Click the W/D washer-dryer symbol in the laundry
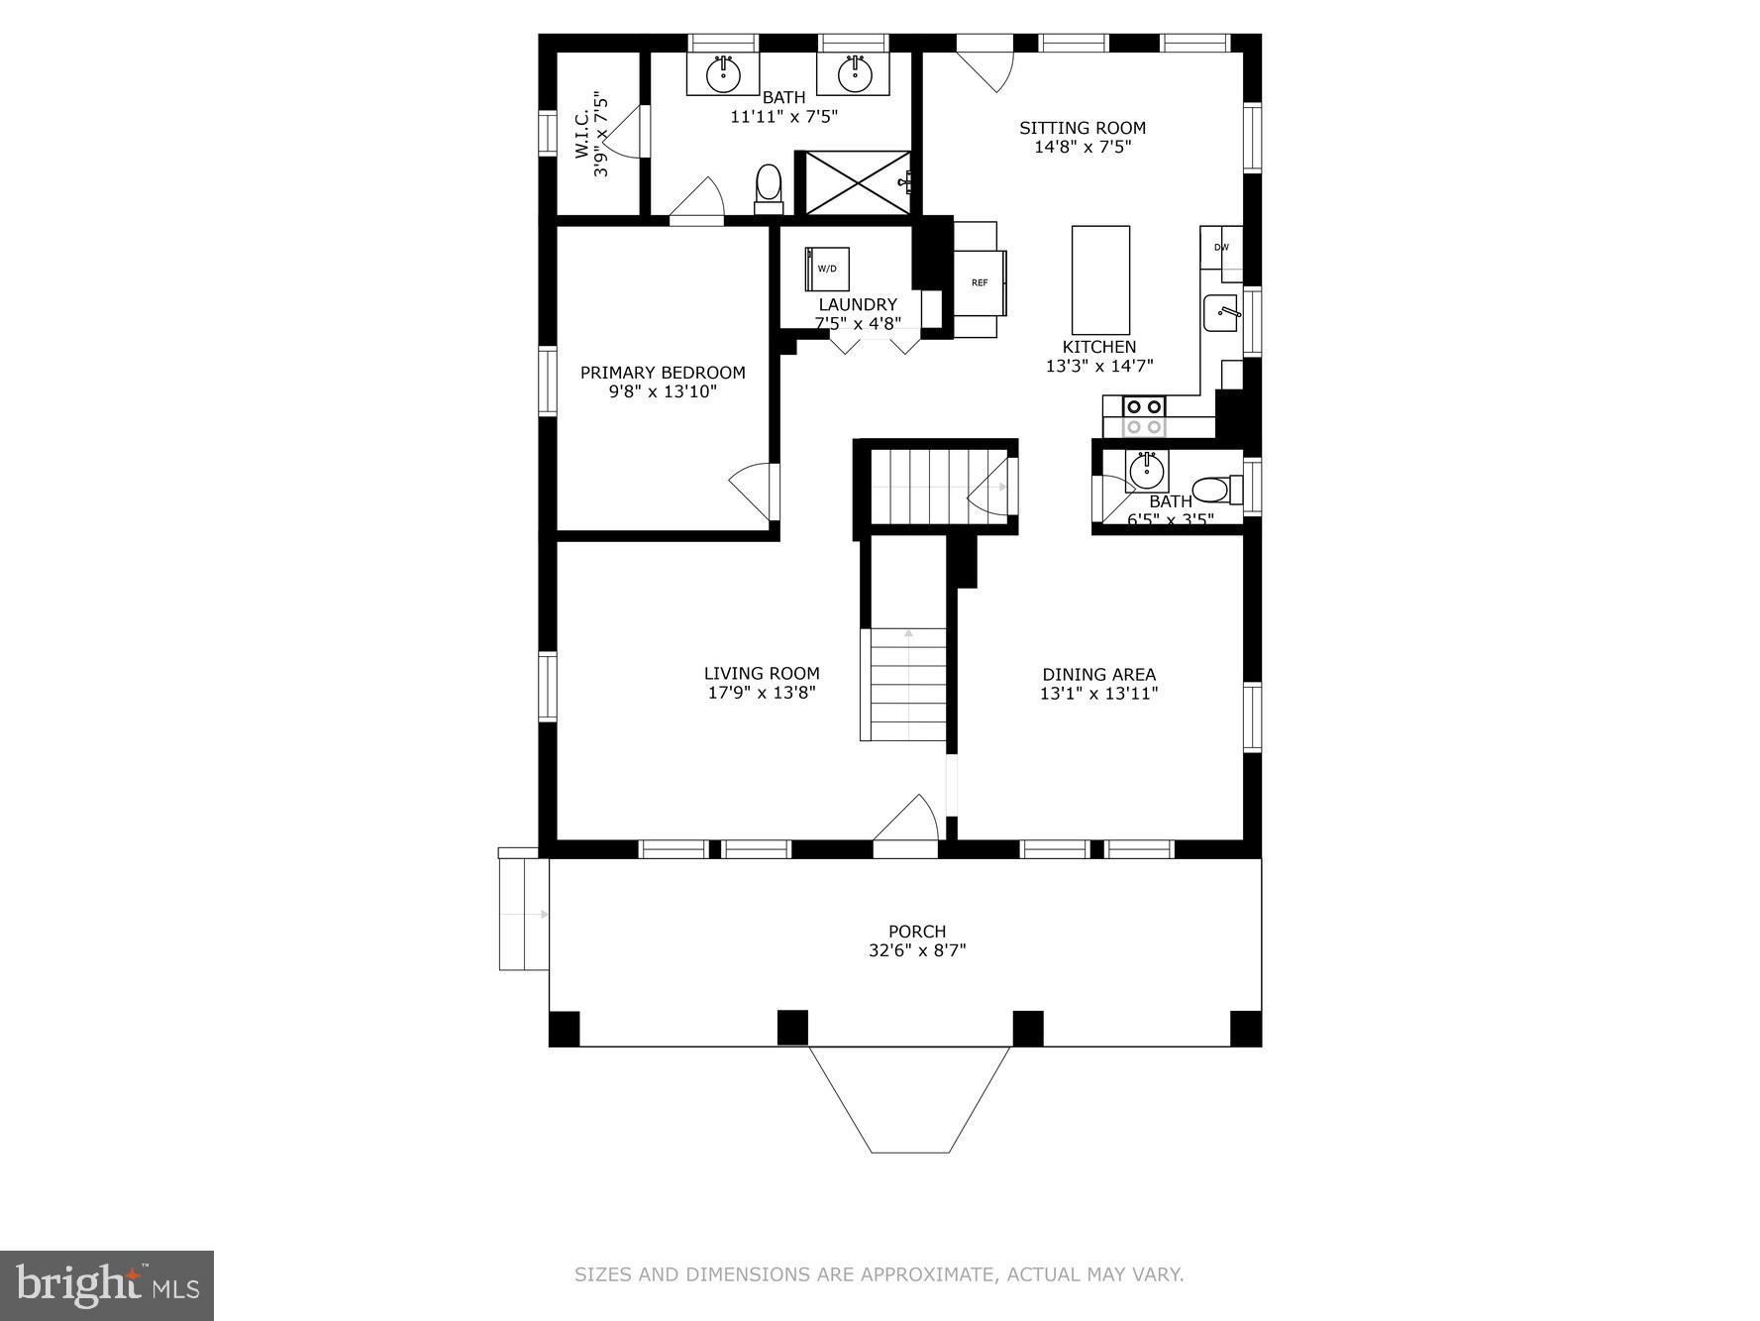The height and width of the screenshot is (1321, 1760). pyautogui.click(x=827, y=269)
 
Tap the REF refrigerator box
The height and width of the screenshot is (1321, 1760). pyautogui.click(x=980, y=282)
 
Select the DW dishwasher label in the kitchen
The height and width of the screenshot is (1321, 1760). pyautogui.click(x=1221, y=248)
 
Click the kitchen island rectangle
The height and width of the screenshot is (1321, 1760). pyautogui.click(x=1100, y=279)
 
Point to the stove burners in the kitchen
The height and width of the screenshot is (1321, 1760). pyautogui.click(x=1144, y=415)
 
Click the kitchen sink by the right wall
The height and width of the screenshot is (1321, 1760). pyautogui.click(x=1221, y=313)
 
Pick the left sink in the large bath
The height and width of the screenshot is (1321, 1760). pyautogui.click(x=724, y=73)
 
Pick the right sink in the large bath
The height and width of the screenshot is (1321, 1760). pyautogui.click(x=853, y=73)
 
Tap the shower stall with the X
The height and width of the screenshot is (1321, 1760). pyautogui.click(x=857, y=182)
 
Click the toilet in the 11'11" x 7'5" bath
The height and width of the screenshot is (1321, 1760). pyautogui.click(x=769, y=187)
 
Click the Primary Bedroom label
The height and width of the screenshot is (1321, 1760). pyautogui.click(x=663, y=373)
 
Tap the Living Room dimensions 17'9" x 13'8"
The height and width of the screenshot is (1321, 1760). pyautogui.click(x=762, y=693)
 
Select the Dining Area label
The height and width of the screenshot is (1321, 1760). pyautogui.click(x=1098, y=675)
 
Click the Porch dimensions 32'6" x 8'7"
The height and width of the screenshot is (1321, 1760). pyautogui.click(x=917, y=950)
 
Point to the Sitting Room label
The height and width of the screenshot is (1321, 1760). pyautogui.click(x=1083, y=128)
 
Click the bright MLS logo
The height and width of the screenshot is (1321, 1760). pyautogui.click(x=107, y=1285)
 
